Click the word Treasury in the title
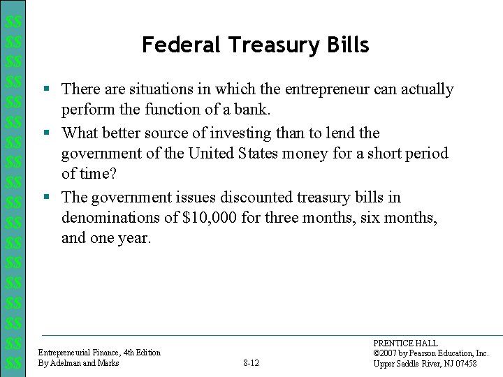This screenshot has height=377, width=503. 260,46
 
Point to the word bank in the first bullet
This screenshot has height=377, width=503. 253,110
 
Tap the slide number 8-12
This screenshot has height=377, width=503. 251,363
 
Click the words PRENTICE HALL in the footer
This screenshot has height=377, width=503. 405,343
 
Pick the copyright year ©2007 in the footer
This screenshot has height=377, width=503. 387,353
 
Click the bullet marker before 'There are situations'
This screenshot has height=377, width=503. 45,89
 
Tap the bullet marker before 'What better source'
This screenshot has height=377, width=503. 45,133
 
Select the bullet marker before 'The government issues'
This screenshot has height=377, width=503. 45,197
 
